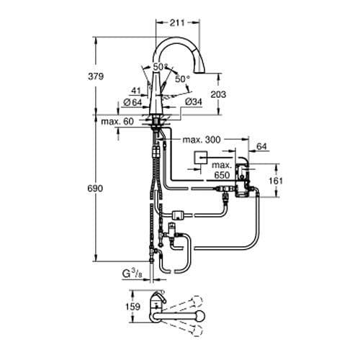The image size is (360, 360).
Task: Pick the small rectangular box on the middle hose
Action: (180, 213)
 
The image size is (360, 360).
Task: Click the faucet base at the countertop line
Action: (158, 115)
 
